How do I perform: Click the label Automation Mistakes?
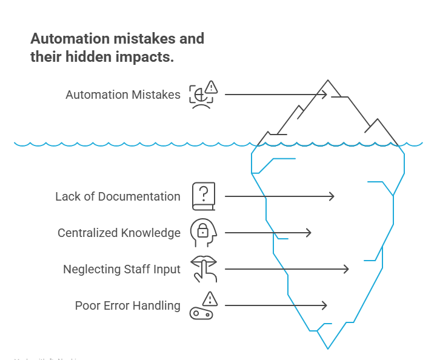coord(123,95)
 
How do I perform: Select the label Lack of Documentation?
coord(118,196)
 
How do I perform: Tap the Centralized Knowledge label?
coord(119,233)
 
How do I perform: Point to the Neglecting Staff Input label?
coord(122,269)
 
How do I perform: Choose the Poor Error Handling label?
coord(127,305)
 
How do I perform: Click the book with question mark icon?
coord(204,196)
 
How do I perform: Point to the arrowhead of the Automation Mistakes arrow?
coord(325,95)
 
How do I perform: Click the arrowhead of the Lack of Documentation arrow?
coord(332,196)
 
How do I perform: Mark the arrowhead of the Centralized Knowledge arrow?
coord(309,233)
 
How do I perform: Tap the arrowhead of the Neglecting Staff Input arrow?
coord(347,269)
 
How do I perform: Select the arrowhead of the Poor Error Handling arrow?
coord(325,305)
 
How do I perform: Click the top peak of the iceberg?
coord(328,80)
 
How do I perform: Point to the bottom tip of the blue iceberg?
coord(328,348)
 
